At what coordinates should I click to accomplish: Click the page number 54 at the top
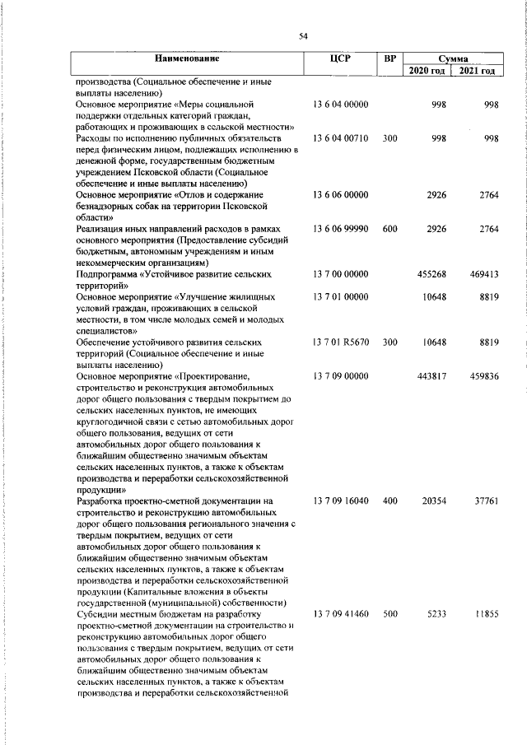tap(303, 35)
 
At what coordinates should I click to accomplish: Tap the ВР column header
tap(390, 58)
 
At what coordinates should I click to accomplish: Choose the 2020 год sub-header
tap(427, 72)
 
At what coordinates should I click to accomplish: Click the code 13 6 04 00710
tap(340, 139)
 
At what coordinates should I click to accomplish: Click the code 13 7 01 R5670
tap(340, 341)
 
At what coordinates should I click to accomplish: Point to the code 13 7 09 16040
tap(340, 501)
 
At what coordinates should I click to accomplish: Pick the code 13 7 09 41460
tap(340, 613)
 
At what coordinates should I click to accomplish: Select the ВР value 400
tap(390, 501)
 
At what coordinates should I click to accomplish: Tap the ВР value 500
tap(390, 613)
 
